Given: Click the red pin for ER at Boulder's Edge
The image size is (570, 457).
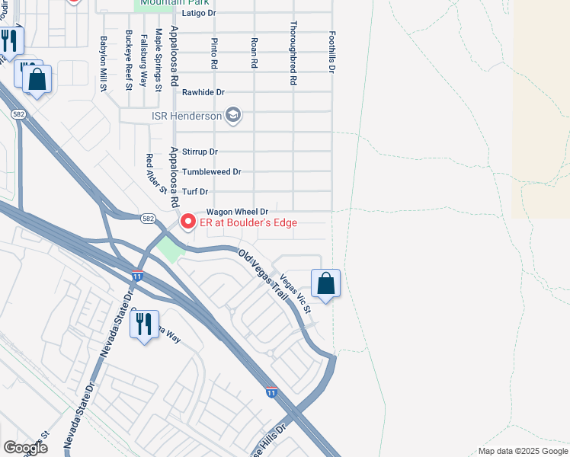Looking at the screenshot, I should (187, 222).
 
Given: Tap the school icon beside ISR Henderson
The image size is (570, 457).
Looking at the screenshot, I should (234, 116).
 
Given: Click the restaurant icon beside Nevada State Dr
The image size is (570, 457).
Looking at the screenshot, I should (143, 324).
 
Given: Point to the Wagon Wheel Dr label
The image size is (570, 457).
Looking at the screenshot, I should (237, 212).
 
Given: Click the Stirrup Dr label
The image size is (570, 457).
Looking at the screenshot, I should (200, 152).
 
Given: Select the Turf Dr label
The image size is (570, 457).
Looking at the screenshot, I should (194, 192).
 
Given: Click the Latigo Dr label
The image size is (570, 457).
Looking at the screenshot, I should (200, 14).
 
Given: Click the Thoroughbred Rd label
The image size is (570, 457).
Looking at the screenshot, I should (293, 52).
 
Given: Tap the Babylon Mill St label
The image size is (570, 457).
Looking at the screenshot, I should (104, 64).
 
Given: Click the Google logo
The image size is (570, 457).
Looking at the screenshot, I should (25, 447).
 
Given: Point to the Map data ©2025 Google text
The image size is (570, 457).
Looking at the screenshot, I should (522, 451).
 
